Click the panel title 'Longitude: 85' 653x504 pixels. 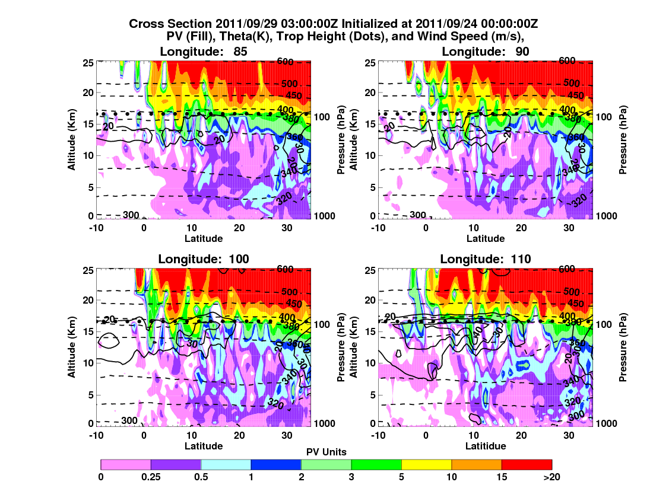point(204,52)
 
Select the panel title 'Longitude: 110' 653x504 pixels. point(486,259)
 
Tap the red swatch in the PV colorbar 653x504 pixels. point(527,465)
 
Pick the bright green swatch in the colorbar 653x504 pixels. point(376,465)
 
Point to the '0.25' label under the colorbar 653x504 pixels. point(151,476)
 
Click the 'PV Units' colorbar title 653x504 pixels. point(326,452)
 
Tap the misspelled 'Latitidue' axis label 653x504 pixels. point(486,446)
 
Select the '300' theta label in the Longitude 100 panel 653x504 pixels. point(130,420)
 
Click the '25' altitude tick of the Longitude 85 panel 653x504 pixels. point(88,62)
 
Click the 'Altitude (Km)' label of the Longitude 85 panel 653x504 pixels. point(71,139)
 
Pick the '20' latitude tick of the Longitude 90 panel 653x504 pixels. point(521,227)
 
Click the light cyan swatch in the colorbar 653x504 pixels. point(226,465)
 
